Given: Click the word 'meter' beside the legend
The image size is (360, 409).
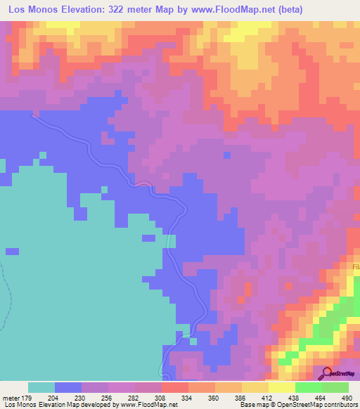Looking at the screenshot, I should tap(12, 398).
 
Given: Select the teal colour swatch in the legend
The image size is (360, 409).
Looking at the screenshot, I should tap(41, 387).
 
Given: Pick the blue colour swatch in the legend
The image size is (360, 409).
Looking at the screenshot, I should tap(68, 387).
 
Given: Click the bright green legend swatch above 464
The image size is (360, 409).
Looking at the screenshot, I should tap(309, 387).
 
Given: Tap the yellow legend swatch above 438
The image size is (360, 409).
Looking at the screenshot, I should tap(282, 387).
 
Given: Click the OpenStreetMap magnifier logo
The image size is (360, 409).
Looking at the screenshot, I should tap(326, 372).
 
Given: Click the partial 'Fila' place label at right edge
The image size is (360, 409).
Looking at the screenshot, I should tap(355, 268).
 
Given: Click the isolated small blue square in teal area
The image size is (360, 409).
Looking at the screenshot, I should tap(12, 251).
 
